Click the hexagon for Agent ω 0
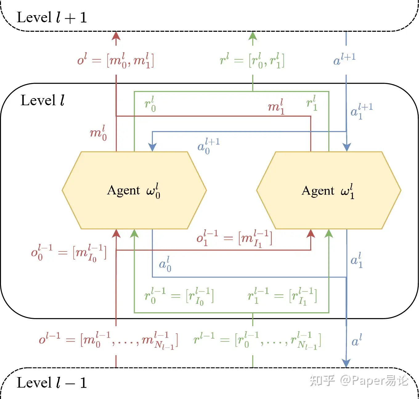(x=134, y=190)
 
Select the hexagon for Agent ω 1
(x=329, y=190)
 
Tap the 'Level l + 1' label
(x=52, y=18)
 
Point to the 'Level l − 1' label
(x=52, y=383)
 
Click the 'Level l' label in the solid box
(x=43, y=101)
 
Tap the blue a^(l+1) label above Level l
(x=344, y=59)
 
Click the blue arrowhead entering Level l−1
(x=346, y=363)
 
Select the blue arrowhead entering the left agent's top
(x=152, y=147)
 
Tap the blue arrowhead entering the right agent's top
(x=347, y=147)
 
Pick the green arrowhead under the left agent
(x=134, y=234)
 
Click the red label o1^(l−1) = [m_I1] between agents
(x=234, y=239)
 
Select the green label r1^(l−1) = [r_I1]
(x=282, y=296)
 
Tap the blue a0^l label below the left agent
(x=165, y=264)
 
